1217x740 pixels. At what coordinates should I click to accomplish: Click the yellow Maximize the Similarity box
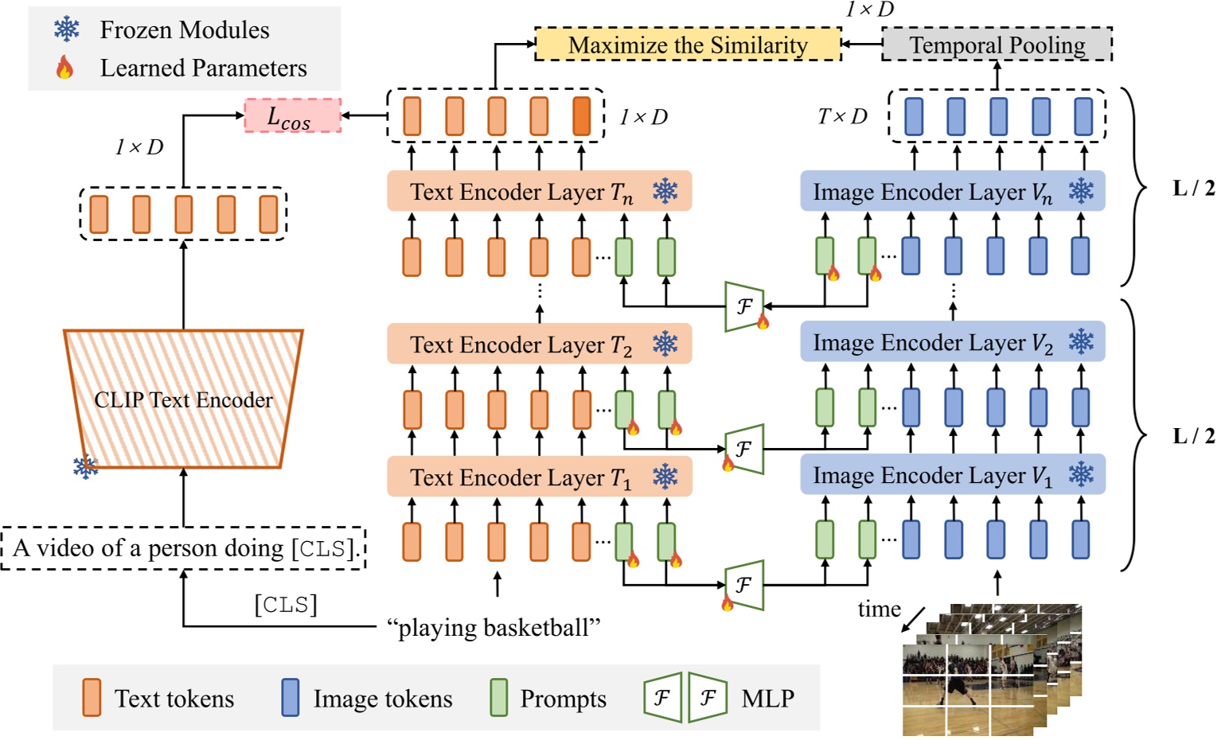pyautogui.click(x=688, y=45)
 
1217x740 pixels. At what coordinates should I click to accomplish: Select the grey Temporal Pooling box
pyautogui.click(x=997, y=45)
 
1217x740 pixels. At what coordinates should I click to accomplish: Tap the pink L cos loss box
pyautogui.click(x=292, y=116)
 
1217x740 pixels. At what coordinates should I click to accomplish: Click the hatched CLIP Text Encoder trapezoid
pyautogui.click(x=183, y=399)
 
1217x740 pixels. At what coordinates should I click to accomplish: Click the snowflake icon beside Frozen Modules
pyautogui.click(x=67, y=29)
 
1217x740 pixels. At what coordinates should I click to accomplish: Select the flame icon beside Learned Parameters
pyautogui.click(x=65, y=68)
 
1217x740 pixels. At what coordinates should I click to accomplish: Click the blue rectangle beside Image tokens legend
pyautogui.click(x=291, y=698)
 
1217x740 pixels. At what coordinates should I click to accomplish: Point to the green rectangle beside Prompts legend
pyautogui.click(x=499, y=698)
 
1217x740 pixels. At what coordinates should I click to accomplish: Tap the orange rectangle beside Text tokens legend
pyautogui.click(x=92, y=698)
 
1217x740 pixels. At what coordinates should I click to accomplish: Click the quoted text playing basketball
pyautogui.click(x=493, y=628)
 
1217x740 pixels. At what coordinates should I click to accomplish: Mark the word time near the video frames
pyautogui.click(x=879, y=610)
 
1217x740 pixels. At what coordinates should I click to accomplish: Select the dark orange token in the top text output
pyautogui.click(x=581, y=116)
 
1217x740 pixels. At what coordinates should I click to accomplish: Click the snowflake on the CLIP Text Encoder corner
pyautogui.click(x=85, y=466)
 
